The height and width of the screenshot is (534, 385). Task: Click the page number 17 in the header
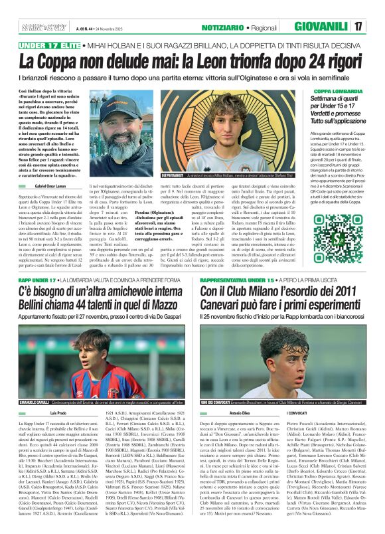coord(376,27)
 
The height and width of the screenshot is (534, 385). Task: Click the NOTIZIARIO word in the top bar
coord(238,27)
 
